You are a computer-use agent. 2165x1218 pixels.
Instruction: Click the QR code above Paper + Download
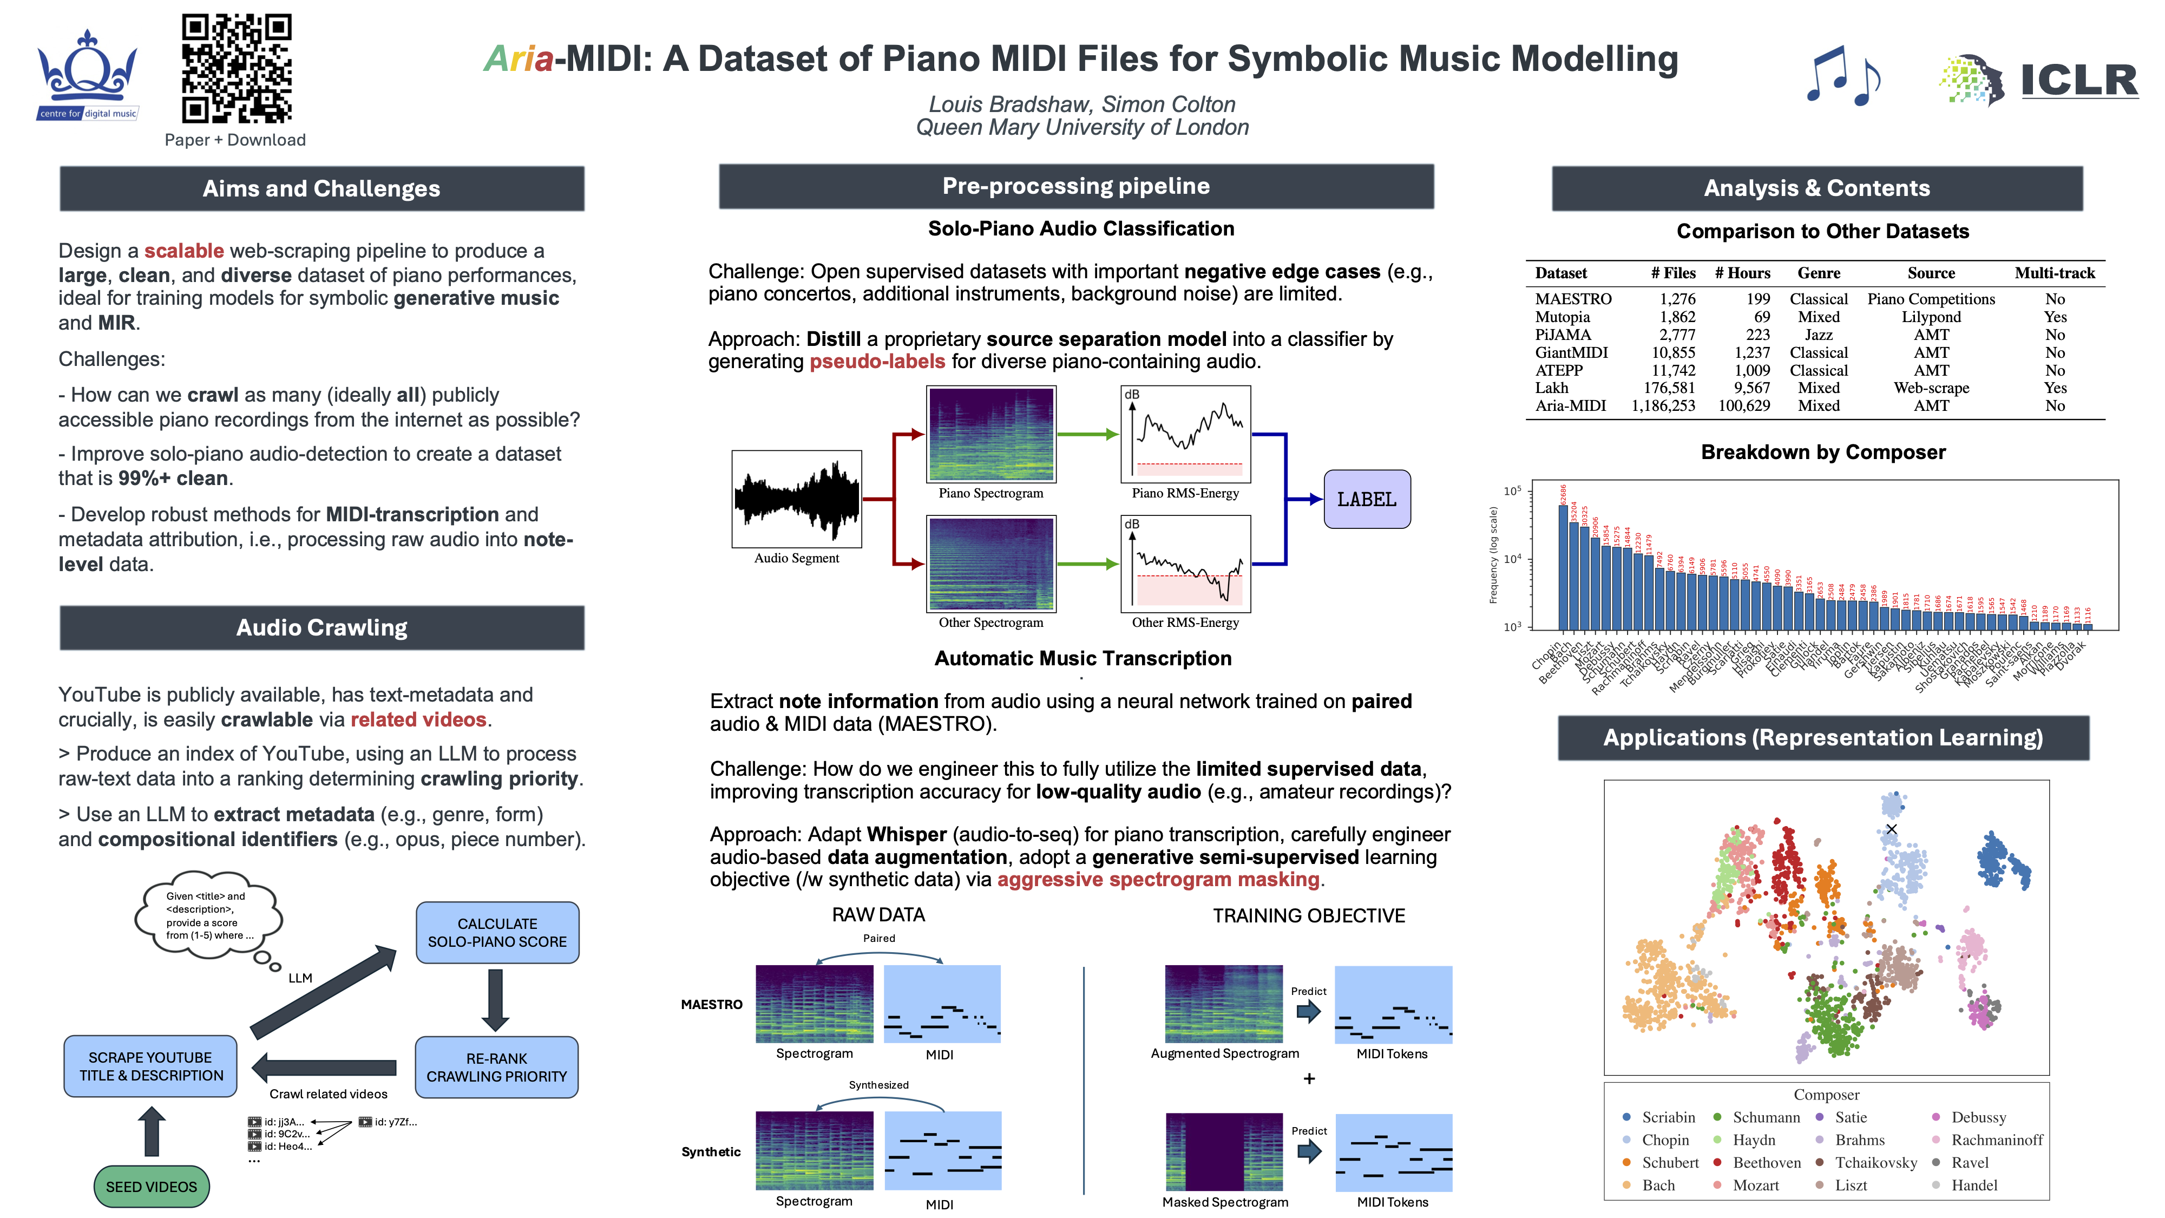[236, 68]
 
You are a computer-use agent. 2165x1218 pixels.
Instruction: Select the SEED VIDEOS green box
[152, 1186]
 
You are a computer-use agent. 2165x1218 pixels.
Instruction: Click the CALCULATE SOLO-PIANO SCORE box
[497, 932]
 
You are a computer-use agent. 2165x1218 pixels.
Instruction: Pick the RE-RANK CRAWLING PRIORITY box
[497, 1066]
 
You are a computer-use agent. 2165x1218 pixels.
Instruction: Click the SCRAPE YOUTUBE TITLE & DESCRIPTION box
[150, 1066]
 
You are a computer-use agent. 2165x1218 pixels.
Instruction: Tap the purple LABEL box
[1367, 499]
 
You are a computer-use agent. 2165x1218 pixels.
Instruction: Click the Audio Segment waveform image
[796, 499]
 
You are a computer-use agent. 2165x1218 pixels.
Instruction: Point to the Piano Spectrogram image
[991, 434]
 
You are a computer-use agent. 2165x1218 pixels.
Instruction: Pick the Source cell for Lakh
[1931, 388]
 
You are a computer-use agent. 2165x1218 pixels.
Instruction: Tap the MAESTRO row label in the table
[1572, 299]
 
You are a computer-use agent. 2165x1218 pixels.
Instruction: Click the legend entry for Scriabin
[1668, 1117]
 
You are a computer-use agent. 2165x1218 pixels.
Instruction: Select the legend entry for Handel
[1973, 1185]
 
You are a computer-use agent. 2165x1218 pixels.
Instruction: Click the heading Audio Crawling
[322, 628]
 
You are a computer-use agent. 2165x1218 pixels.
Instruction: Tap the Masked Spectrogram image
[1224, 1151]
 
